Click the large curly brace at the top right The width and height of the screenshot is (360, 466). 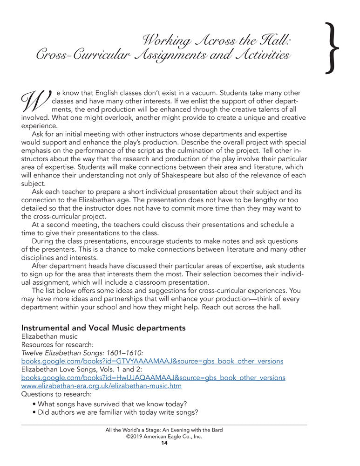coord(332,48)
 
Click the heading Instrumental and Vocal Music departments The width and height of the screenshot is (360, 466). coord(103,328)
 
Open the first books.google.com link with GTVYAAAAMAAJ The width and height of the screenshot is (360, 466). coord(152,361)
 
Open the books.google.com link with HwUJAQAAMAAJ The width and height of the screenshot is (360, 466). coord(153,377)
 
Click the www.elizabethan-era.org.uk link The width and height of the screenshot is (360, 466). coord(102,386)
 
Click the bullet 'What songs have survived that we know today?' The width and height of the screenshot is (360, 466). coord(112,404)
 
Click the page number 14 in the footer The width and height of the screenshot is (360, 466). coord(164,443)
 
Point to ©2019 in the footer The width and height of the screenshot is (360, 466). coord(135,437)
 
